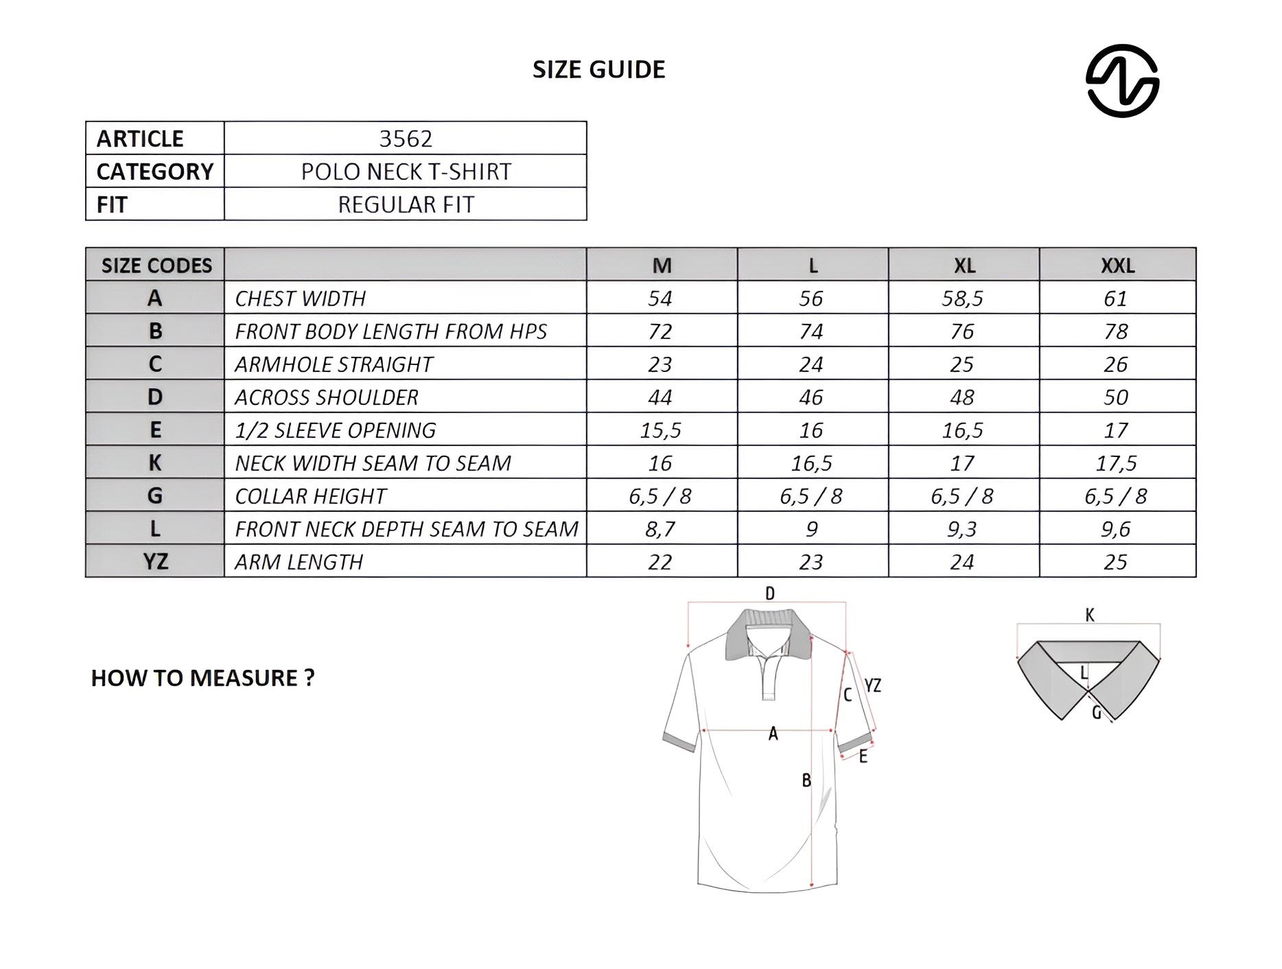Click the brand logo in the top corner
coord(1122,81)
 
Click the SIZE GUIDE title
coord(598,69)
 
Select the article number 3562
coord(406,139)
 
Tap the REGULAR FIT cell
coord(406,205)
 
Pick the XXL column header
coord(1117,266)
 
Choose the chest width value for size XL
coord(962,299)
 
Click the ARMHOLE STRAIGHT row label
coord(334,364)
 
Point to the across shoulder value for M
coord(660,397)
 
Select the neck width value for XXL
coord(1116,463)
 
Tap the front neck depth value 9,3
coord(962,529)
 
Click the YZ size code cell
coord(155,562)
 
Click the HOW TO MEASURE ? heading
coord(202,678)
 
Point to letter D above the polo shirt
coord(770,594)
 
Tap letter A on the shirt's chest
coord(773,734)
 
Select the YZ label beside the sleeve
coord(872,685)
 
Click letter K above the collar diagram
coord(1090,615)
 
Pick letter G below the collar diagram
coord(1096,713)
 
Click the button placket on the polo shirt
coord(769,676)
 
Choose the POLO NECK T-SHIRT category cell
coord(406,172)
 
